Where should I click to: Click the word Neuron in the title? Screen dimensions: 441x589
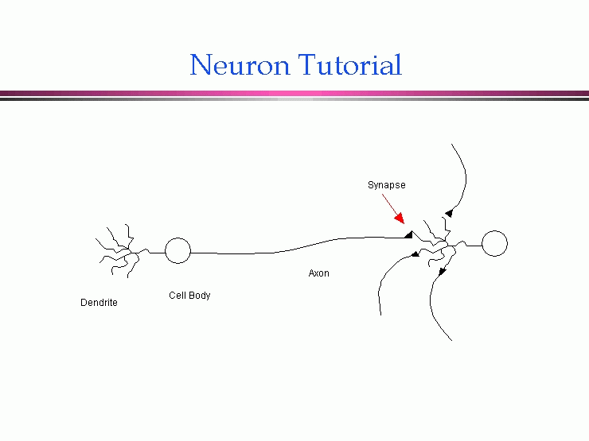[240, 65]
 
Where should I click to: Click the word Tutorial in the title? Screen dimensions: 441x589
[350, 65]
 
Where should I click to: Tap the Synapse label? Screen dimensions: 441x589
[386, 185]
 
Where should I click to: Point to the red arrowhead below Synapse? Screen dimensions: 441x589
[400, 219]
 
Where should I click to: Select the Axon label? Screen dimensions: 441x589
[318, 273]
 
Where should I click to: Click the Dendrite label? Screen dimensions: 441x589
[99, 303]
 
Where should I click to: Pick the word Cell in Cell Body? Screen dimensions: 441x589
[177, 296]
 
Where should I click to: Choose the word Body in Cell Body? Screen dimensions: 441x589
[199, 296]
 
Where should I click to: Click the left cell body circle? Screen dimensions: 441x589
[177, 251]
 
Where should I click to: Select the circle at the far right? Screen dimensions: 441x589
[494, 244]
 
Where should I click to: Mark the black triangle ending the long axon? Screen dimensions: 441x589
[408, 234]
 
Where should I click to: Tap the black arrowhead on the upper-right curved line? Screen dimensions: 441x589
[449, 213]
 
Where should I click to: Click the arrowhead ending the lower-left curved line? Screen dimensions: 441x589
[415, 255]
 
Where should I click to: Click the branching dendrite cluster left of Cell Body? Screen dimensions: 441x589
[118, 250]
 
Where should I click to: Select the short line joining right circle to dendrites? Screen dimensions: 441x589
[473, 245]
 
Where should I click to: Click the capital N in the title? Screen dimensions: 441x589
[201, 65]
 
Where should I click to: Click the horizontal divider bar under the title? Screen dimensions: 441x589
[294, 95]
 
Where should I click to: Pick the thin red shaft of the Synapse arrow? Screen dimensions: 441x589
[390, 205]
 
